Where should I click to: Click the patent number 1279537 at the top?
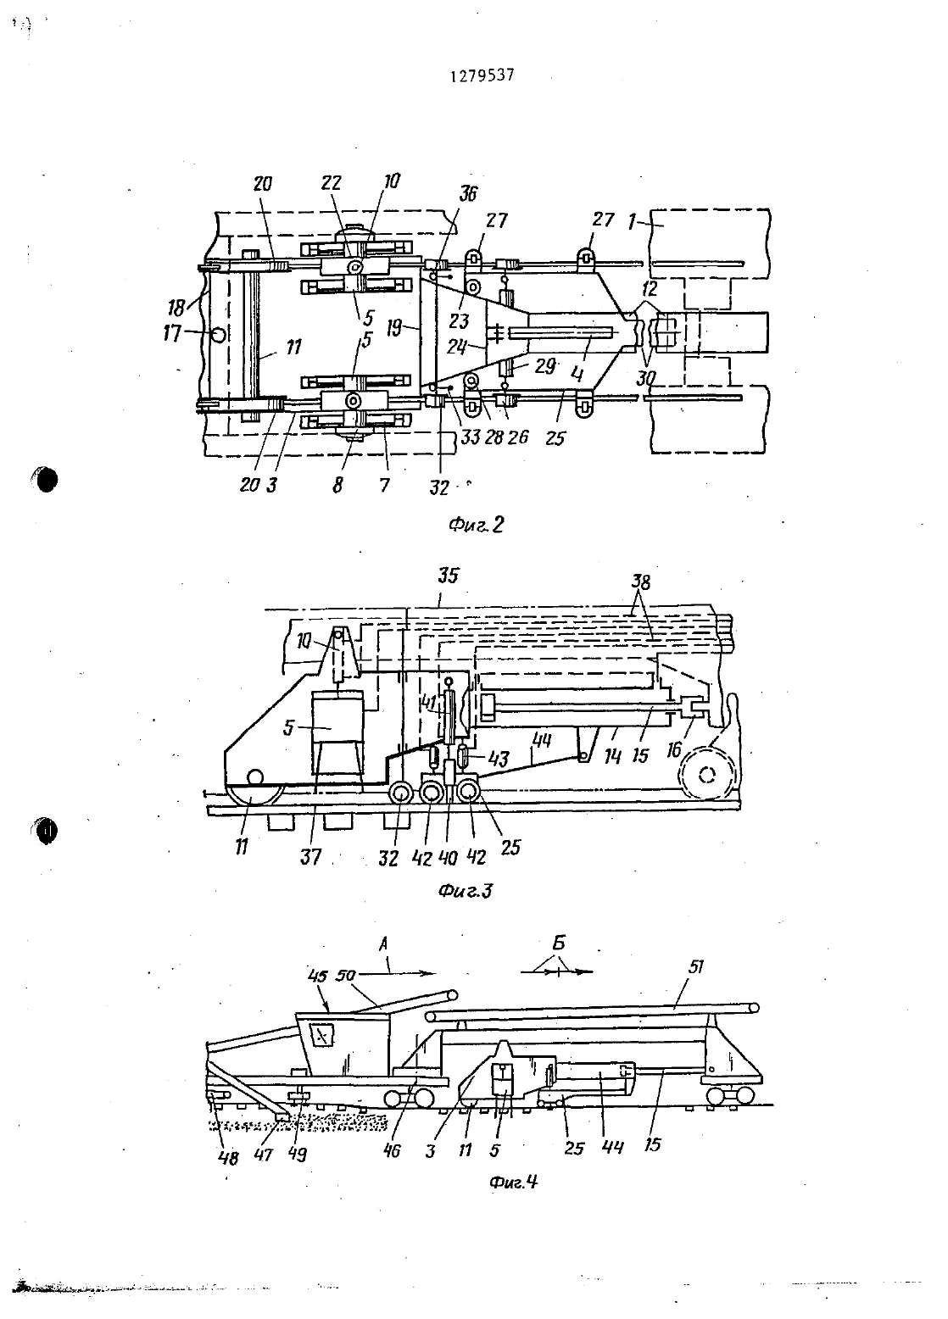482,76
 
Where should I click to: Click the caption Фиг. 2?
476,524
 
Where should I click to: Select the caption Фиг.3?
465,891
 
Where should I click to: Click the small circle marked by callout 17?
218,336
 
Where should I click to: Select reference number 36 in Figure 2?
468,194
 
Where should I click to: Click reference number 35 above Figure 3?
448,576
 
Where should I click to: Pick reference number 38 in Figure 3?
640,582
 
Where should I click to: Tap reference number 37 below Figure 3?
310,856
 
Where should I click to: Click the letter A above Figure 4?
383,944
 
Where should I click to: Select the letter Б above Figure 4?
559,943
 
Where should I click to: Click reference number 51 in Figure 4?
696,967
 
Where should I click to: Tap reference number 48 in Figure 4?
229,1158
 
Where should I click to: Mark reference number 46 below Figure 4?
392,1150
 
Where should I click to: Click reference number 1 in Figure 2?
632,223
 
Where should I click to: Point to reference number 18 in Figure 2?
176,306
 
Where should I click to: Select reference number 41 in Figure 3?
430,703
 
